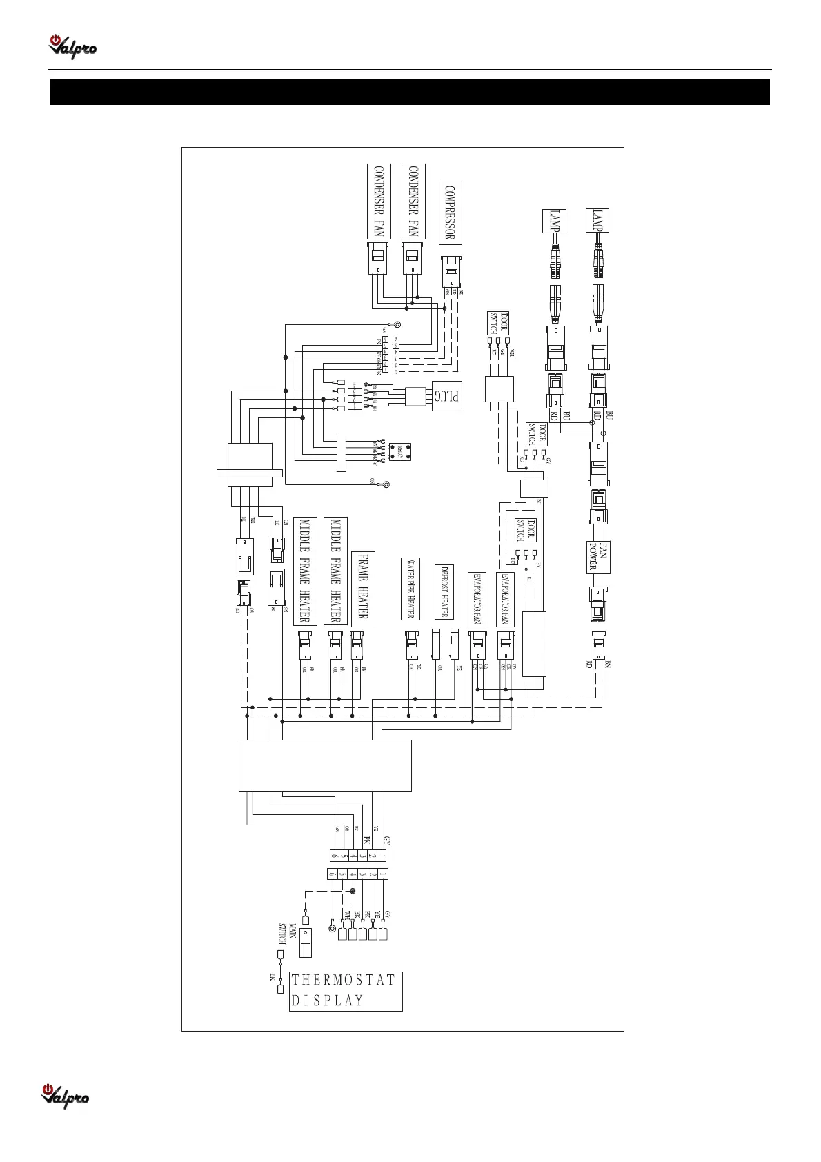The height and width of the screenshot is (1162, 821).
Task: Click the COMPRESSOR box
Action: (450, 213)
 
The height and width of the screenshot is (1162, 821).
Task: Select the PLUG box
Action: (446, 397)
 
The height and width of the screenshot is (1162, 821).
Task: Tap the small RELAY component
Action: (401, 453)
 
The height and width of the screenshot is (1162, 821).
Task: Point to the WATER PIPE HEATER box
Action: (410, 589)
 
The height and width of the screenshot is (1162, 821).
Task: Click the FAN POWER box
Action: (597, 558)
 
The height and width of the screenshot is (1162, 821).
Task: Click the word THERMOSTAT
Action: (344, 981)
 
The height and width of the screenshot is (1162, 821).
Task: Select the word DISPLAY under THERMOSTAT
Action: (327, 1001)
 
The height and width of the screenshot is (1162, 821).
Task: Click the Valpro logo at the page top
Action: (72, 47)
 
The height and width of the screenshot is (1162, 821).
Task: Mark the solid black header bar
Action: (410, 92)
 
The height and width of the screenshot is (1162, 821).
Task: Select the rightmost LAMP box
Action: (597, 220)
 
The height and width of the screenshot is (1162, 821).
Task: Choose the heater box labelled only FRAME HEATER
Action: (363, 589)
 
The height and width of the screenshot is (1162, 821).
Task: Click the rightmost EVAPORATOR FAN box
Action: (505, 598)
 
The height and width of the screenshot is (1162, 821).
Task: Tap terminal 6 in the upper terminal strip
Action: (334, 856)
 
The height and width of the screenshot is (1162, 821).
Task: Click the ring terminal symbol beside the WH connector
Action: (333, 927)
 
